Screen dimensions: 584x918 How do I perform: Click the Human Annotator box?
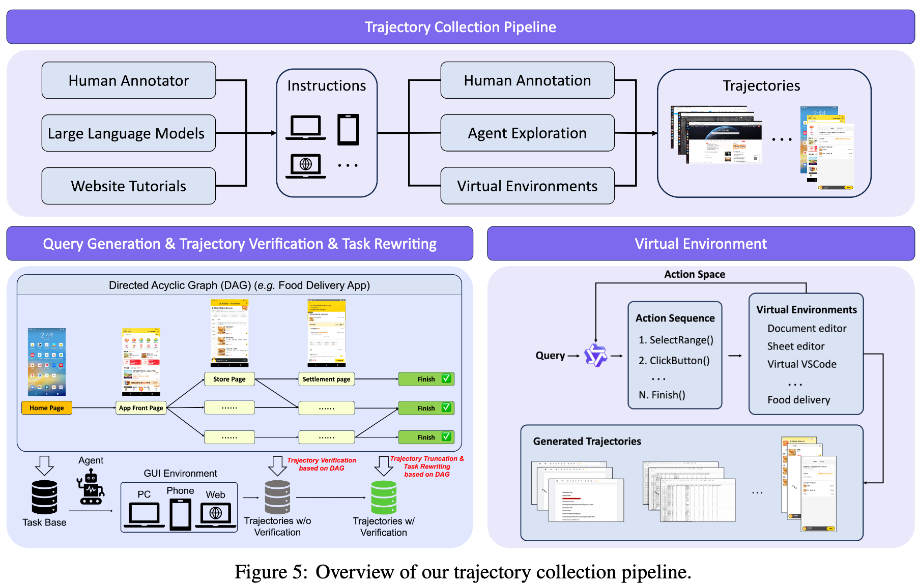tap(129, 80)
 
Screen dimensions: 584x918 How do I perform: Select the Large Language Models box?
tap(129, 133)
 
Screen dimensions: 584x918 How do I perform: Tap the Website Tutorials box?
tap(129, 186)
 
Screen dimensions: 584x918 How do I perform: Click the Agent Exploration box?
tap(527, 133)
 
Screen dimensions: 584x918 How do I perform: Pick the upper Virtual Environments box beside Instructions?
tap(527, 186)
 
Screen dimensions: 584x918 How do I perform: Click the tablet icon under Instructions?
tap(348, 130)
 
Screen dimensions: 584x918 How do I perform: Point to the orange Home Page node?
tap(47, 408)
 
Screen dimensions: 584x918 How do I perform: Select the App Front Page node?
tap(141, 408)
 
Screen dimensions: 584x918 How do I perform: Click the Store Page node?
tap(229, 379)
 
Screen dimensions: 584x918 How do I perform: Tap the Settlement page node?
tap(326, 379)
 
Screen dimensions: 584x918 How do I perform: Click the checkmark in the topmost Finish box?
tap(446, 378)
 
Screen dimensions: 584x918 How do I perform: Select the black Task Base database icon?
tap(44, 497)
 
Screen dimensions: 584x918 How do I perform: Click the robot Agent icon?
tap(91, 487)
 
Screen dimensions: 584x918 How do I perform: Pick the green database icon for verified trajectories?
tap(384, 498)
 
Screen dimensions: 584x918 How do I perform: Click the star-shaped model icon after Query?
tap(595, 355)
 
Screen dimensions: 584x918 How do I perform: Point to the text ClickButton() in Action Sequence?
tap(679, 361)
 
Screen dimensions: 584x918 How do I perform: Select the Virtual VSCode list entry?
tap(802, 364)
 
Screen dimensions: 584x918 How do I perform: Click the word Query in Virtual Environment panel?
tap(550, 356)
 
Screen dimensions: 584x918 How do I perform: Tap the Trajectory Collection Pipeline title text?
tap(461, 27)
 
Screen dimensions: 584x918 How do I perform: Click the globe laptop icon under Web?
tap(216, 514)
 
